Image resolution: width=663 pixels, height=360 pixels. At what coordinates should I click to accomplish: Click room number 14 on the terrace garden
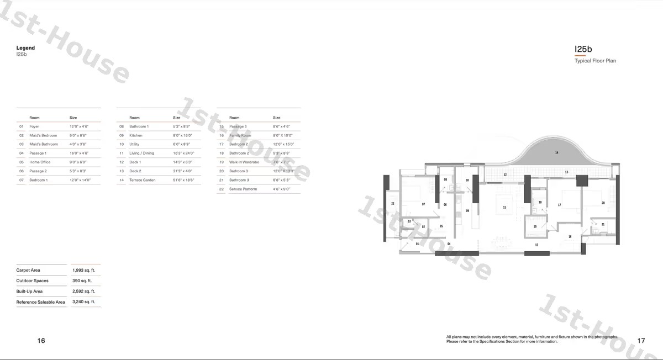(556, 152)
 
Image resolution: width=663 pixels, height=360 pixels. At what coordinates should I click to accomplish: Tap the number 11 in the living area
(504, 208)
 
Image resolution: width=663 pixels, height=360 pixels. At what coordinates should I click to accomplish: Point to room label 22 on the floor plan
(392, 204)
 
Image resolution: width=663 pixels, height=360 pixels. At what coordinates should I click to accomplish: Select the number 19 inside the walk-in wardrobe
(535, 226)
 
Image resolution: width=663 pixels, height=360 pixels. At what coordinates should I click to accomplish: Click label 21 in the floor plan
(603, 224)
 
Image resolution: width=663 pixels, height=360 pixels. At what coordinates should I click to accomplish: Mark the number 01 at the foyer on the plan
(417, 243)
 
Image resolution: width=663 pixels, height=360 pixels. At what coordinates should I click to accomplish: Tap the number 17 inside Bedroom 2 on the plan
(559, 205)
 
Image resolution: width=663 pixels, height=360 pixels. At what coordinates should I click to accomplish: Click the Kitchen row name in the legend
(136, 135)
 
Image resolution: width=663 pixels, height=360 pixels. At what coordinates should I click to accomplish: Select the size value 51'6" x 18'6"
(183, 180)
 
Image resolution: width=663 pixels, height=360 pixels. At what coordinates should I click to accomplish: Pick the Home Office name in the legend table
(40, 162)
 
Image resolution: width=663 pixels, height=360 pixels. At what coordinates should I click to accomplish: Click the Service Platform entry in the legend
(243, 189)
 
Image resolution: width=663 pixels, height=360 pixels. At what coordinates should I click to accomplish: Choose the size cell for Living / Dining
(183, 153)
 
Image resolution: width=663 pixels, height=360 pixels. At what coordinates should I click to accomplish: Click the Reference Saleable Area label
(40, 302)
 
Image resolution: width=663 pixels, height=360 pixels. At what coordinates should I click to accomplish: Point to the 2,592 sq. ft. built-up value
(83, 292)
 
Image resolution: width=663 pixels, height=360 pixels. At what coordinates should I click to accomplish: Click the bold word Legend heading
(25, 48)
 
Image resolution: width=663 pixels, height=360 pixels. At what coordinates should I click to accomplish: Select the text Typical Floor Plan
(595, 61)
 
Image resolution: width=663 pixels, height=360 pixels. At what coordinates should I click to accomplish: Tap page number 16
(41, 341)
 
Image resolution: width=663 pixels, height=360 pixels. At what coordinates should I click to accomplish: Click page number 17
(641, 341)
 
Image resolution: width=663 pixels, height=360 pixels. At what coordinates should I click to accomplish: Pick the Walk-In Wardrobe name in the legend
(244, 162)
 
